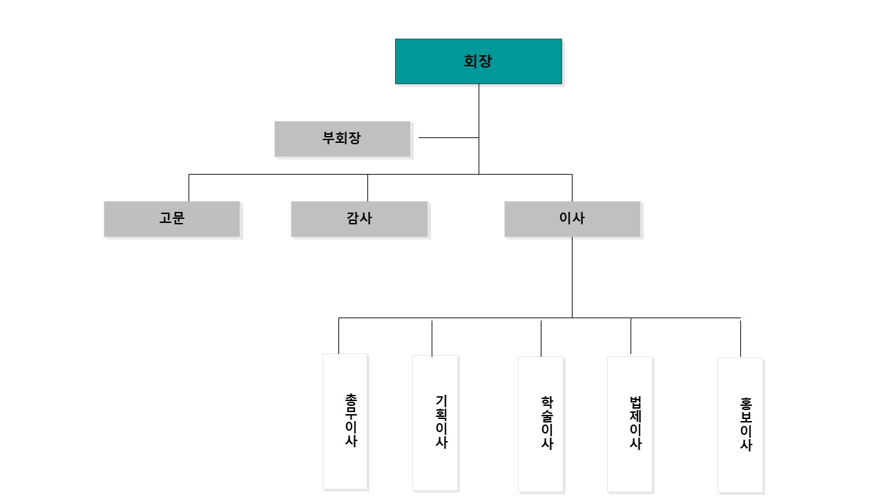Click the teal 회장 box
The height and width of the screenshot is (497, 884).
479,61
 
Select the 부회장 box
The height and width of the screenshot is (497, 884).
342,139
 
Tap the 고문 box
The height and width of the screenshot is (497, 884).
172,219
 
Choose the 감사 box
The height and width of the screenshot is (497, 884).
359,219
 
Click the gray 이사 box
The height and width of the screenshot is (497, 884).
573,219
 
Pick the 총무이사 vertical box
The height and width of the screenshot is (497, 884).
345,421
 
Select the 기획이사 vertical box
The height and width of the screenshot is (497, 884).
435,422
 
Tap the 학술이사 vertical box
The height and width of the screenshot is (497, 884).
541,424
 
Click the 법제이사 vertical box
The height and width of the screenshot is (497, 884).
629,424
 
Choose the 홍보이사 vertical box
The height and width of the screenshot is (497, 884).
740,425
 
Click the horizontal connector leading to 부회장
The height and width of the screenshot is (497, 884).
449,137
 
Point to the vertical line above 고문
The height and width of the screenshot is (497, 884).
189,188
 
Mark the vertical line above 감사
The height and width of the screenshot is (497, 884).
368,188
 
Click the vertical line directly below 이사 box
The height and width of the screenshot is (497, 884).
573,277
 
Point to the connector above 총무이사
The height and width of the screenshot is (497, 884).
338,335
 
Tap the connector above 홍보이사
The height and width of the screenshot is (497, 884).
740,338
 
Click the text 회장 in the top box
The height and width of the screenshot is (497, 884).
477,61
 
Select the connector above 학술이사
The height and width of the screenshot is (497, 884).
541,338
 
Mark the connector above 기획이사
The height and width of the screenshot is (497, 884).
432,338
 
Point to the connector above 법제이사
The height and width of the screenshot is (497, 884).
631,336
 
